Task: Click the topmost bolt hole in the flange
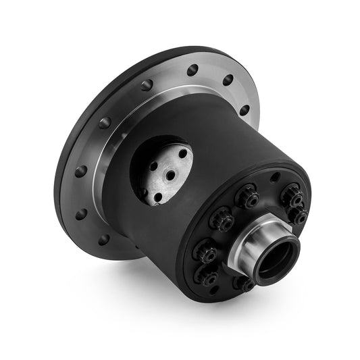[x=193, y=70]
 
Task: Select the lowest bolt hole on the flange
[x=103, y=239]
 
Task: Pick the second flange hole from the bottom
[x=82, y=214]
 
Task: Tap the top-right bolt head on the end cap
[x=292, y=193]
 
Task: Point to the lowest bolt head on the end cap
[x=207, y=276]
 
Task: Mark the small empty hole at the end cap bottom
[x=215, y=290]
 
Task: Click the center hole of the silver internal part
[x=170, y=175]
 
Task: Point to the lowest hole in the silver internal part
[x=157, y=197]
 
